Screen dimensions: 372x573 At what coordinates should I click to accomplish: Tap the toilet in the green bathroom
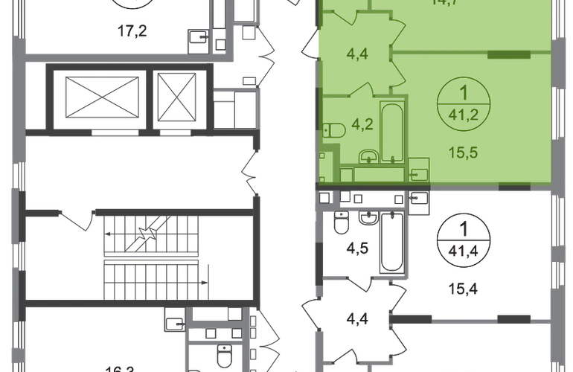point(334,132)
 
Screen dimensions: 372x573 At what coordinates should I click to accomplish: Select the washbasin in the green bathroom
point(366,157)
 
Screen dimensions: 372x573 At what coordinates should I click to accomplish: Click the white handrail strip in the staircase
point(151,257)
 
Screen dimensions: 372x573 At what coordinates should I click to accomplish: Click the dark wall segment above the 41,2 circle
point(508,54)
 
